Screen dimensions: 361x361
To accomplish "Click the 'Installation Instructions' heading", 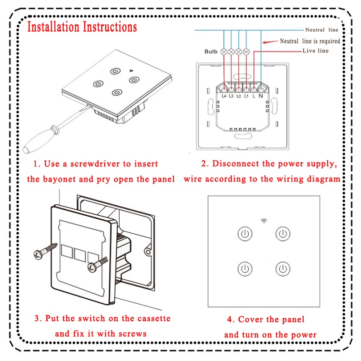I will click(82, 27).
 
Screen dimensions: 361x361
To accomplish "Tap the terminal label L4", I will click(224, 96).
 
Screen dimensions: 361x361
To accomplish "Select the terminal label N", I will click(261, 96).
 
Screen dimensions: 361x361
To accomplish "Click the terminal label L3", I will click(231, 96).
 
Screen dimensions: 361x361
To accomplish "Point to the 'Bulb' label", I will click(211, 51).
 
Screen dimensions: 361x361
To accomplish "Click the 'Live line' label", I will click(315, 51).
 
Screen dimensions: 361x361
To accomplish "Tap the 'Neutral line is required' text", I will click(310, 41).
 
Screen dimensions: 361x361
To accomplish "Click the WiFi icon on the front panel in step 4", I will click(263, 221).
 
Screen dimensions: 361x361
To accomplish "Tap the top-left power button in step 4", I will click(244, 234).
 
